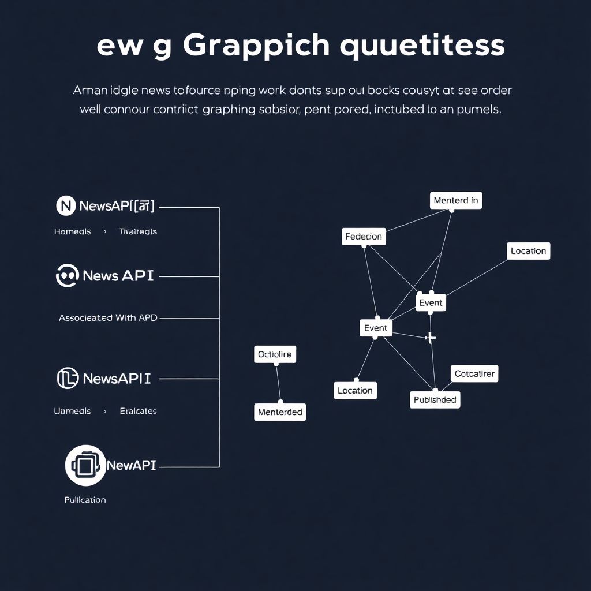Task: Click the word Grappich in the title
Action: [x=256, y=46]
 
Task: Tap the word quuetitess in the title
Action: [x=422, y=46]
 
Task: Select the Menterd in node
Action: [x=455, y=200]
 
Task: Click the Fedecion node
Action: [x=363, y=237]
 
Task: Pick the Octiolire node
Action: [x=275, y=354]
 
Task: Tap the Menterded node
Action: [x=280, y=412]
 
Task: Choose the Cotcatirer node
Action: [x=474, y=373]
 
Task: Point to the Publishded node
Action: [x=435, y=399]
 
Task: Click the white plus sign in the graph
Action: [x=430, y=338]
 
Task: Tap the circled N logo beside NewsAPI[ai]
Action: [x=66, y=205]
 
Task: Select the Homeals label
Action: [x=72, y=231]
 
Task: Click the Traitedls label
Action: [x=138, y=231]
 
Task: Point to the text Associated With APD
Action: [x=108, y=317]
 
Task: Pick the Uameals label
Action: [x=72, y=411]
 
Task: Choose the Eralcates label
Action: [x=138, y=411]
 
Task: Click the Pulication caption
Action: [x=85, y=500]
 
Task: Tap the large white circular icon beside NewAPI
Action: [x=85, y=465]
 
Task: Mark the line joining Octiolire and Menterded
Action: [x=278, y=382]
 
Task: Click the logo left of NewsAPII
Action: [x=68, y=379]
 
